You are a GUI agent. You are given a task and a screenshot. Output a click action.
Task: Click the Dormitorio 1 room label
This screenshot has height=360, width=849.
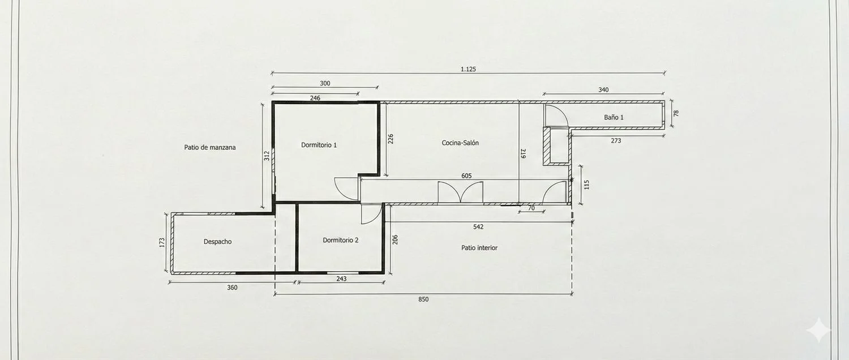pos(319,145)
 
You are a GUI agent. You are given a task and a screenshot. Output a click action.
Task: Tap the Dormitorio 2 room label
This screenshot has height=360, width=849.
pos(340,240)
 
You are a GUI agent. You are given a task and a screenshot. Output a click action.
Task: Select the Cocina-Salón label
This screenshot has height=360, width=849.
pos(460,143)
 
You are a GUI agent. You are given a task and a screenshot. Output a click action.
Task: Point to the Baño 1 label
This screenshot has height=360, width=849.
pos(614,118)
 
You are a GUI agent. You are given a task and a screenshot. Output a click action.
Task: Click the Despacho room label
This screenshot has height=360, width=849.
pos(217,242)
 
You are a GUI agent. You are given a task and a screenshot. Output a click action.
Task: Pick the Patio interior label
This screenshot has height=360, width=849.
pos(479,248)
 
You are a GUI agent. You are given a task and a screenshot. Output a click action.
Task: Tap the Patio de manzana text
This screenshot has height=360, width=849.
pos(210,147)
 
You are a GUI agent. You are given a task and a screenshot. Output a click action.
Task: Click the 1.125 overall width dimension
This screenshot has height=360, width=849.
pos(468,69)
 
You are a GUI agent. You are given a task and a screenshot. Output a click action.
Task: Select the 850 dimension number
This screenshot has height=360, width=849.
pos(423,299)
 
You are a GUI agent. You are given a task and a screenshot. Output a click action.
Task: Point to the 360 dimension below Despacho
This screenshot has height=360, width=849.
pos(232,288)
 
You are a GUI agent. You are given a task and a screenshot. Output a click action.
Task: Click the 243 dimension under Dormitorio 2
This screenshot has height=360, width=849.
pos(341,279)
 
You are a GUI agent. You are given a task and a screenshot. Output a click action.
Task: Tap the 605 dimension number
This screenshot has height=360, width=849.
pos(466,176)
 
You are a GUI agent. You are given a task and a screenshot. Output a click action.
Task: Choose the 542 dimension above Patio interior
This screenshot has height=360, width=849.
pos(478,227)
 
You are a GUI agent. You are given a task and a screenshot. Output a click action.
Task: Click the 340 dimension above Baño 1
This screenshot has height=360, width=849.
pos(603,90)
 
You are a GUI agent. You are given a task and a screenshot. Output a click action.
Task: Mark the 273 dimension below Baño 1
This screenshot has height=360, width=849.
pos(616,140)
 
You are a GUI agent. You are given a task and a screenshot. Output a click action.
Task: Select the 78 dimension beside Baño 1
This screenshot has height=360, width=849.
pos(676,113)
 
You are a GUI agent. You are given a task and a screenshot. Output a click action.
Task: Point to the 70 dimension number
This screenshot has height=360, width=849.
pos(531,208)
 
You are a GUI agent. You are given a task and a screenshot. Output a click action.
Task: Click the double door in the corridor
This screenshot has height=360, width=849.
pos(461,192)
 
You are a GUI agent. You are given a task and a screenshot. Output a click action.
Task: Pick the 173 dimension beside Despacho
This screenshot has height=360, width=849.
pos(162,242)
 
